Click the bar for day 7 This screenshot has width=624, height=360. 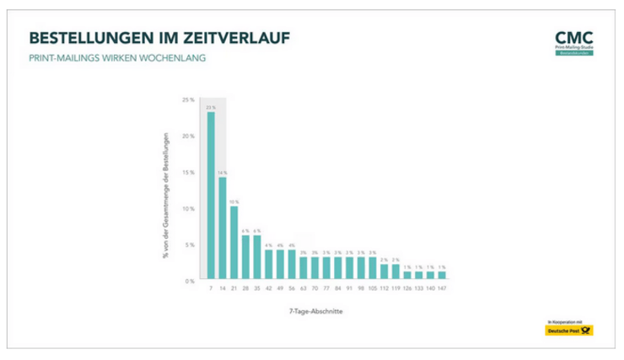pyautogui.click(x=211, y=196)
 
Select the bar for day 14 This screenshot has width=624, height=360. pyautogui.click(x=223, y=228)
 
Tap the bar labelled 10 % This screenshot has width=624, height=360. pyautogui.click(x=234, y=242)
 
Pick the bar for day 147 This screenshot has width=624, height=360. pyautogui.click(x=441, y=275)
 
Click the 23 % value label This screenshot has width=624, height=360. pyautogui.click(x=211, y=107)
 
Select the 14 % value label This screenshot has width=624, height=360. pyautogui.click(x=223, y=172)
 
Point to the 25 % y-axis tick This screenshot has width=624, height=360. pyautogui.click(x=189, y=99)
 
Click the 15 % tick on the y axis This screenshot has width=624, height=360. pyautogui.click(x=189, y=172)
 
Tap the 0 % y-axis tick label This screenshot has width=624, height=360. pyautogui.click(x=191, y=280)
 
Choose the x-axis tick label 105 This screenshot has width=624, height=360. pyautogui.click(x=372, y=289)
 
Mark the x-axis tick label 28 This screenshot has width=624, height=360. pyautogui.click(x=245, y=289)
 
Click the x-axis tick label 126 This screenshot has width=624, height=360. pyautogui.click(x=406, y=289)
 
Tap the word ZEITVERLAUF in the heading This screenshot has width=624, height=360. pyautogui.click(x=246, y=39)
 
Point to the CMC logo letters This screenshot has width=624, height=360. pyautogui.click(x=574, y=37)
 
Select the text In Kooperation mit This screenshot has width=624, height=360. pyautogui.click(x=563, y=322)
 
